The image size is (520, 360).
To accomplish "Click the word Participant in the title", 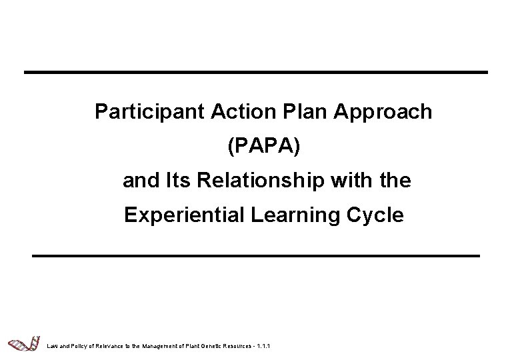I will [137, 111].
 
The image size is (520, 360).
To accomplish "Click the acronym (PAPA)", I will [264, 146].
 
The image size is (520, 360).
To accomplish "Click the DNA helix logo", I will [21, 343].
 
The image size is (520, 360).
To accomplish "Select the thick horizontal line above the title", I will [256, 71].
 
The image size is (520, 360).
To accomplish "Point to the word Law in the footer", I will [52, 345].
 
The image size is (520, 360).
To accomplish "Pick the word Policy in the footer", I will [77, 345].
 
